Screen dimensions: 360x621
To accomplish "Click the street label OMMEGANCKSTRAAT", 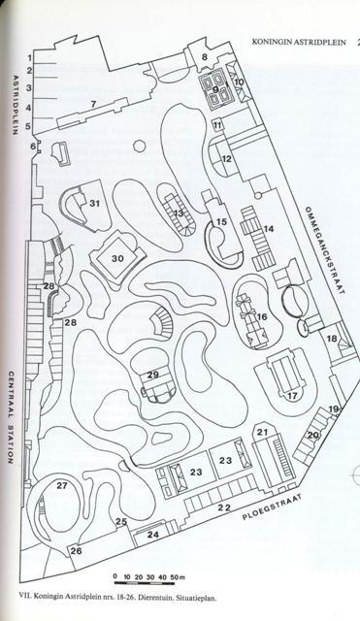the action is pyautogui.click(x=324, y=250).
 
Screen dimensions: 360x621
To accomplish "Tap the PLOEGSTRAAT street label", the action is pyautogui.click(x=272, y=507).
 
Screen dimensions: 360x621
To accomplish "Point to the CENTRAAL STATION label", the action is pyautogui.click(x=11, y=417).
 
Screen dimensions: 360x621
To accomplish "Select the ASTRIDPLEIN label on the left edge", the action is pyautogui.click(x=16, y=105).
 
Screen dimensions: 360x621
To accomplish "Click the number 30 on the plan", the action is pyautogui.click(x=117, y=259).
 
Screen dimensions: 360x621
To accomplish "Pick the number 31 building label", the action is pyautogui.click(x=95, y=204).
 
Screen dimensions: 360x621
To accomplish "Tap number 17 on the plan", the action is pyautogui.click(x=293, y=396).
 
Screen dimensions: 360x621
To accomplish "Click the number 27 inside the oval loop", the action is pyautogui.click(x=62, y=485).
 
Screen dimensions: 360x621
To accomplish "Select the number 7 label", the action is pyautogui.click(x=93, y=104).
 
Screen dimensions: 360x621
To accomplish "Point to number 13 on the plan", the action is pyautogui.click(x=179, y=213).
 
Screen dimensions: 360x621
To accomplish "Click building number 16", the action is pyautogui.click(x=262, y=317).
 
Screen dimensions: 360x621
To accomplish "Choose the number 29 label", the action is pyautogui.click(x=153, y=375).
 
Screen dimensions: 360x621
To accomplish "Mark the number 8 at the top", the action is pyautogui.click(x=205, y=57).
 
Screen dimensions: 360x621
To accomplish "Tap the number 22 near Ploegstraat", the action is pyautogui.click(x=224, y=507).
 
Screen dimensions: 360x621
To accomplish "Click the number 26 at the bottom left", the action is pyautogui.click(x=77, y=551).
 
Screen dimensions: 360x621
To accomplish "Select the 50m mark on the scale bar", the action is pyautogui.click(x=178, y=577).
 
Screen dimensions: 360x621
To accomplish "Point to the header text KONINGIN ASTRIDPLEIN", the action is pyautogui.click(x=299, y=42).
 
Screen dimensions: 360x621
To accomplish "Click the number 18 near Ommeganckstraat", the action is pyautogui.click(x=332, y=339).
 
